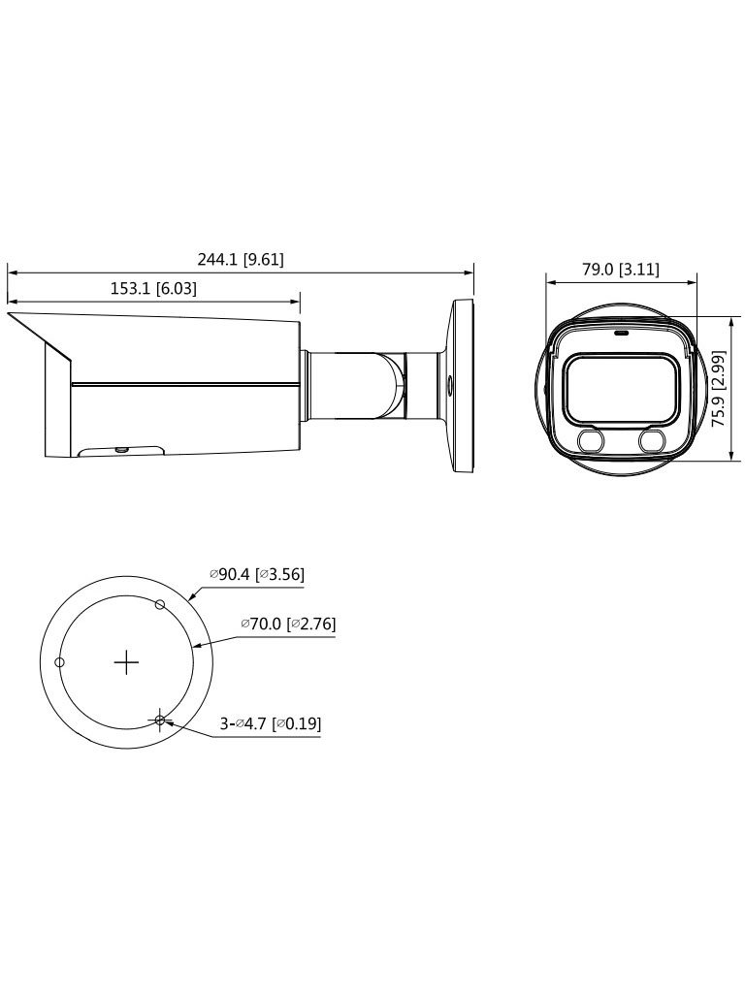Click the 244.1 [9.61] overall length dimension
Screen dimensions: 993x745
241,260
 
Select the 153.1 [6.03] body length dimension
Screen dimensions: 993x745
155,288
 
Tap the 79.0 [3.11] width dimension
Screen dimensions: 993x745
621,271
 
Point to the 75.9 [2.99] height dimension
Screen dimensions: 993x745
719,389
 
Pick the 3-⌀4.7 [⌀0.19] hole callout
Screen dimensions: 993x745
271,722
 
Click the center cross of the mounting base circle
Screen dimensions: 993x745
127,662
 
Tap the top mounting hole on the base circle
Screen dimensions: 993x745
161,604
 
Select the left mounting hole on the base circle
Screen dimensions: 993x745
60,662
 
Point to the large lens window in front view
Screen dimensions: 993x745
619,388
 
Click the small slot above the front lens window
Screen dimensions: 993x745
620,331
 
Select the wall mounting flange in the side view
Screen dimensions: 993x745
462,388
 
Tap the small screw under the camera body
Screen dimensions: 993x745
121,449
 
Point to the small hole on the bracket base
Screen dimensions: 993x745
448,383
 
